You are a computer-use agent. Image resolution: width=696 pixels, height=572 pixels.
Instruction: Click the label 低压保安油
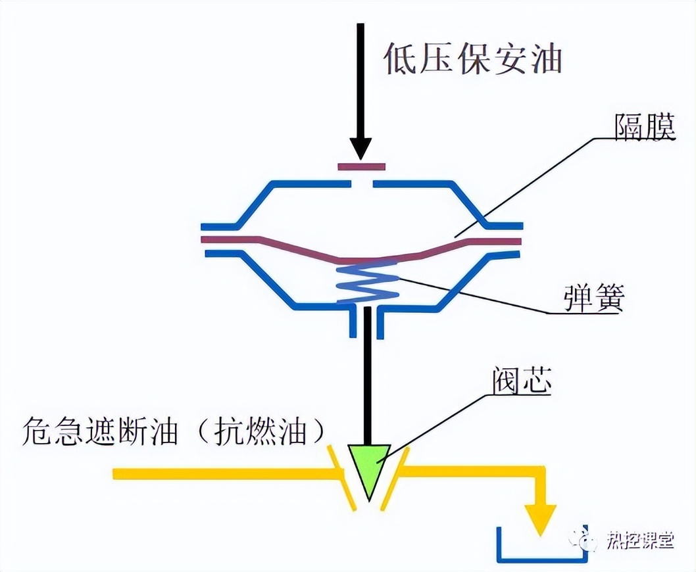click(x=472, y=59)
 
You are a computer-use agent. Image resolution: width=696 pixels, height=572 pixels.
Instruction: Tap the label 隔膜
click(x=645, y=128)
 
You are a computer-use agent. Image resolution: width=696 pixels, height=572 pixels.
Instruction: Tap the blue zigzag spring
click(x=366, y=283)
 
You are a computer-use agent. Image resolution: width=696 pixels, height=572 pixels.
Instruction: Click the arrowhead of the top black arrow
click(x=360, y=147)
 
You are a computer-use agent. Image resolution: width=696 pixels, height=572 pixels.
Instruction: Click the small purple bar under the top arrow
click(x=360, y=167)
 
